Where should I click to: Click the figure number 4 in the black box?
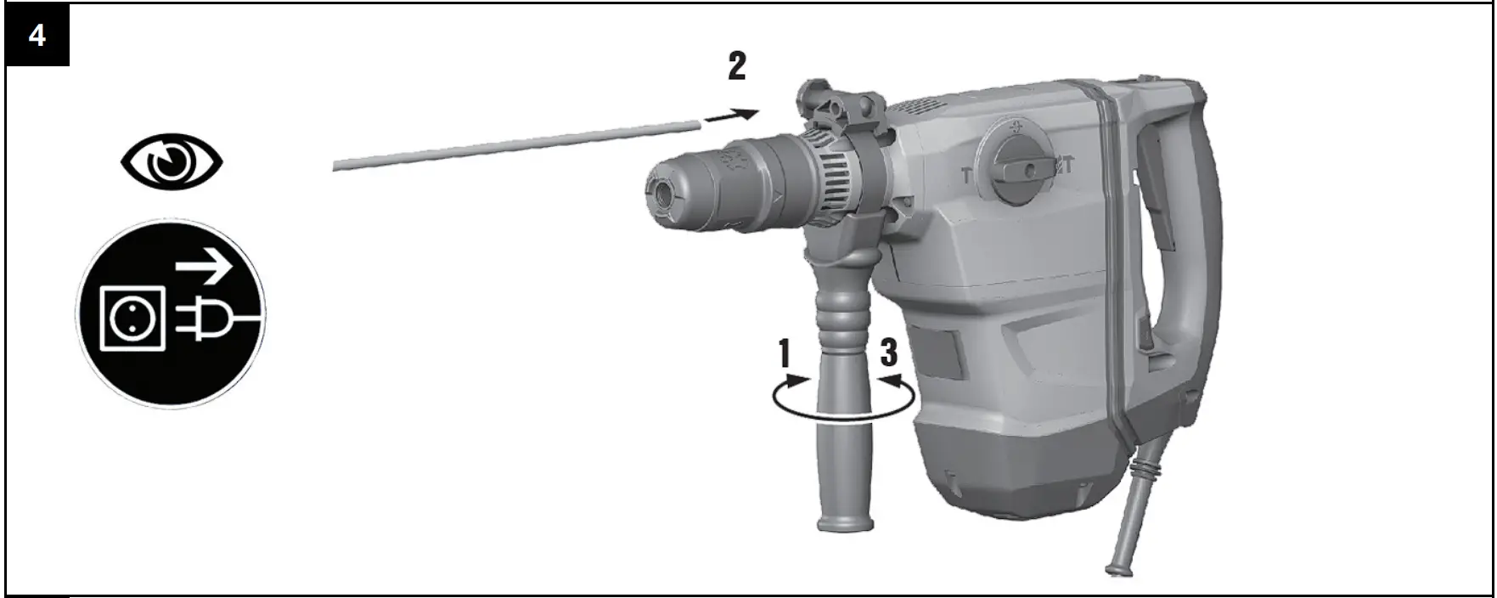[x=37, y=36]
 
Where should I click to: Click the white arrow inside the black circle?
[x=205, y=270]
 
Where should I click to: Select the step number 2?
[x=737, y=66]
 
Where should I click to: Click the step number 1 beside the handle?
[x=785, y=353]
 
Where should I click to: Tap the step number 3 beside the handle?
[x=888, y=353]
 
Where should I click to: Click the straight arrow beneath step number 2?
[x=731, y=116]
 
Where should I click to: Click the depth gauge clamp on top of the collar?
[x=841, y=106]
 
